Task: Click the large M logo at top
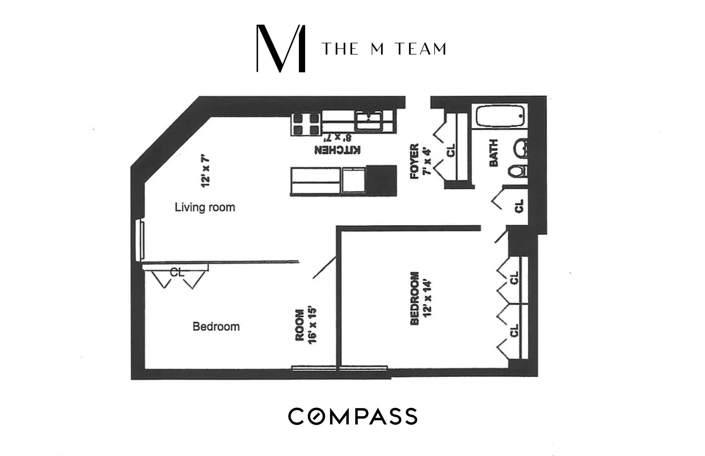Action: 281,48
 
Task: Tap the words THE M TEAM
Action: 384,49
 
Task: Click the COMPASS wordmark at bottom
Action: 352,416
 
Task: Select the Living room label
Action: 205,207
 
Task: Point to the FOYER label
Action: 414,161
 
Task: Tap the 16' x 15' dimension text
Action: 312,326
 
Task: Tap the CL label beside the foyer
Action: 451,150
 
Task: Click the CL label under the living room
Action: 177,272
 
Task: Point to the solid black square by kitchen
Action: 381,180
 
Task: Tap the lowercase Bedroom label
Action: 216,327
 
